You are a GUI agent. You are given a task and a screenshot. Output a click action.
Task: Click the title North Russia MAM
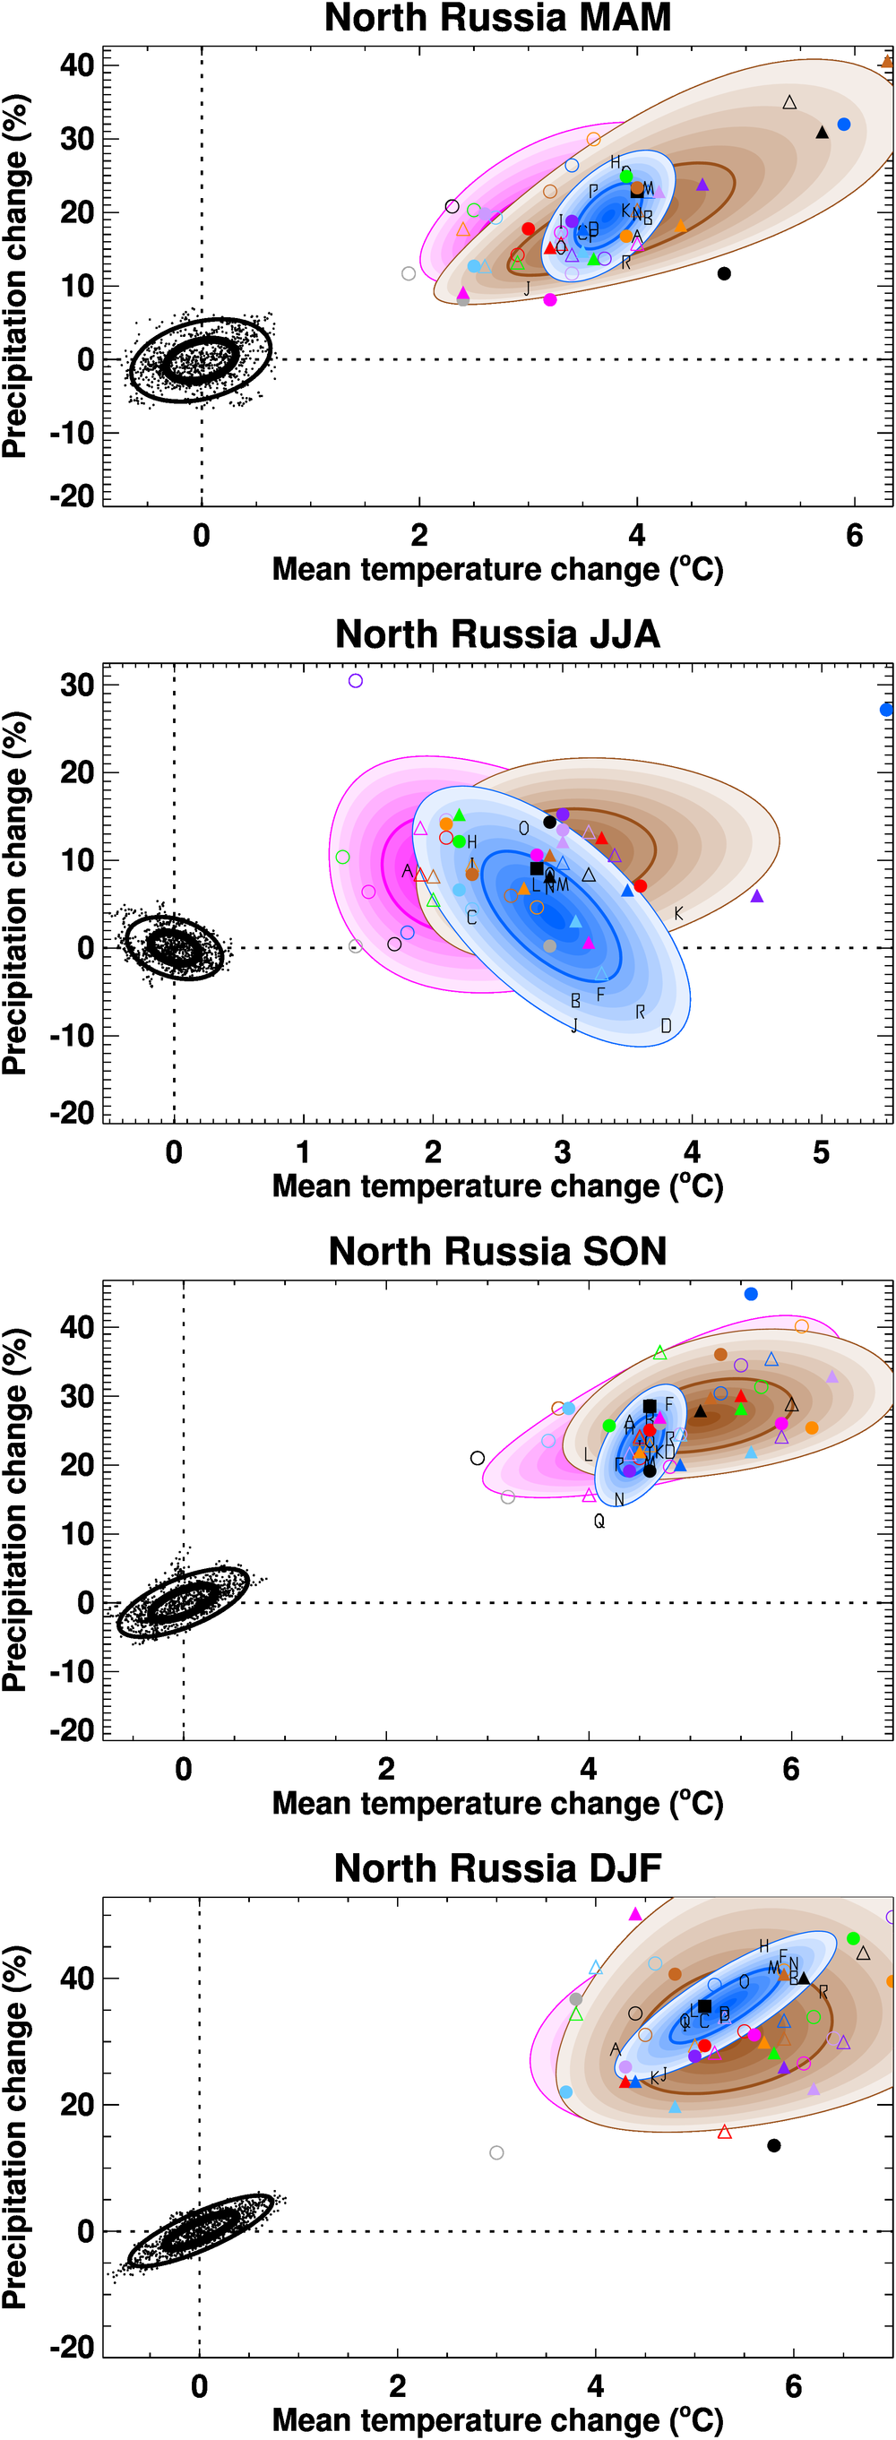pos(497,18)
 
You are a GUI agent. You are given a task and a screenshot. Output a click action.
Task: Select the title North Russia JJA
pos(497,634)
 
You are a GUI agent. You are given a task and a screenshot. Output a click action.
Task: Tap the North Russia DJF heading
pos(497,1868)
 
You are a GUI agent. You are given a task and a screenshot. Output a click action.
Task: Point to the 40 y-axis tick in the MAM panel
pos(77,65)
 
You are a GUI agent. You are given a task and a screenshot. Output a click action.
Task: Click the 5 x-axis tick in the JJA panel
pos(821,1151)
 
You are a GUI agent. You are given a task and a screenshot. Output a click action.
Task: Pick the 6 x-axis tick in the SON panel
pos(791,1769)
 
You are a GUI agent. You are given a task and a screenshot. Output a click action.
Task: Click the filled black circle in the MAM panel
pos(725,273)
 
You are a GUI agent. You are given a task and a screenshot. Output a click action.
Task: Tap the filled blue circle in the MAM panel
pos(844,124)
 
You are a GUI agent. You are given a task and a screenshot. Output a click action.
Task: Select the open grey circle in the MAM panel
pos(409,273)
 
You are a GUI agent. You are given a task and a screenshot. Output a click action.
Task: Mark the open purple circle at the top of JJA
pos(355,680)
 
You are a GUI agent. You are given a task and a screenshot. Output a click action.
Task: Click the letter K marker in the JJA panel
pos(678,913)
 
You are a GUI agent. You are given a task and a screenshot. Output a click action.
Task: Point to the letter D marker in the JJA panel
pos(666,1026)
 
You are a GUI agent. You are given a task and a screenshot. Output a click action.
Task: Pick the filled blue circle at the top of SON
pos(751,1294)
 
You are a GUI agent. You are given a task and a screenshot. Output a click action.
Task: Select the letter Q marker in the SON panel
pos(599,1522)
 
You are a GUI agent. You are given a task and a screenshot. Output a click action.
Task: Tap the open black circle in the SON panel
pos(478,1458)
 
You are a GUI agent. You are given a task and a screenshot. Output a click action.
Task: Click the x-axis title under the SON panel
pos(497,1803)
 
